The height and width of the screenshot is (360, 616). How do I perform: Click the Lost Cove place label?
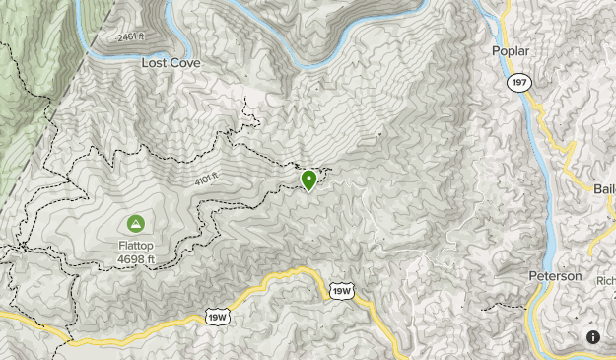(171, 62)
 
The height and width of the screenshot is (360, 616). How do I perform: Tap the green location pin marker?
(309, 180)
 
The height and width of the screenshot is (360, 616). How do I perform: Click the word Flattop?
(135, 246)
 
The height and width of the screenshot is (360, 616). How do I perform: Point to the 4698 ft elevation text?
(135, 259)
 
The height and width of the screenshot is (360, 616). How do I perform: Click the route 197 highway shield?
(518, 82)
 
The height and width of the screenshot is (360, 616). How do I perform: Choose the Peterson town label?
(556, 275)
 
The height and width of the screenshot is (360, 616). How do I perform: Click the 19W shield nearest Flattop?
(217, 316)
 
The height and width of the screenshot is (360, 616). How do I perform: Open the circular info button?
(593, 336)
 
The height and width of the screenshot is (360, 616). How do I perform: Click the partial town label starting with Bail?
(603, 188)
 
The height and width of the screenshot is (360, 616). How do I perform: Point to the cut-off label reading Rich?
(605, 280)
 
